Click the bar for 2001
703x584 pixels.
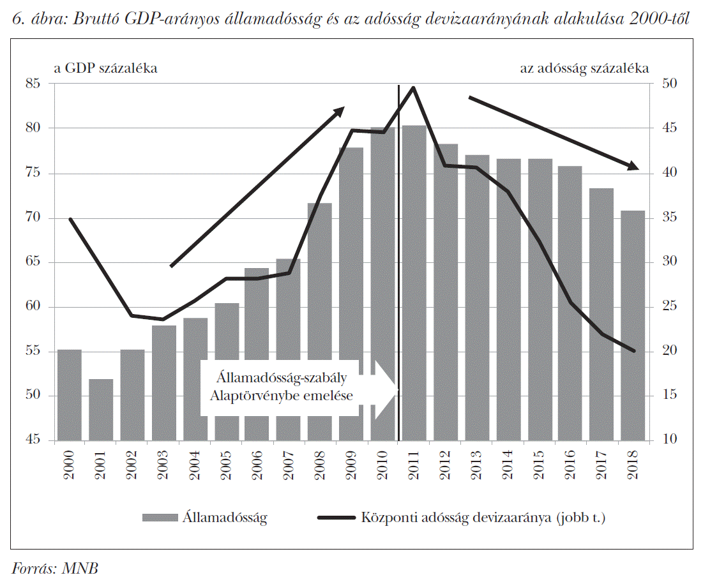click(x=101, y=409)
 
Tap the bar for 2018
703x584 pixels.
click(x=632, y=326)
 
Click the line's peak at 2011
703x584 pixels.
click(x=414, y=87)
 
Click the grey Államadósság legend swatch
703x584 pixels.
click(x=159, y=518)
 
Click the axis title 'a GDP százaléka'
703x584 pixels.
click(x=105, y=68)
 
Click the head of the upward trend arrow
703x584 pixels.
click(x=341, y=110)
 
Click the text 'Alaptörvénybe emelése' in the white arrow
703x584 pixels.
click(x=282, y=395)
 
